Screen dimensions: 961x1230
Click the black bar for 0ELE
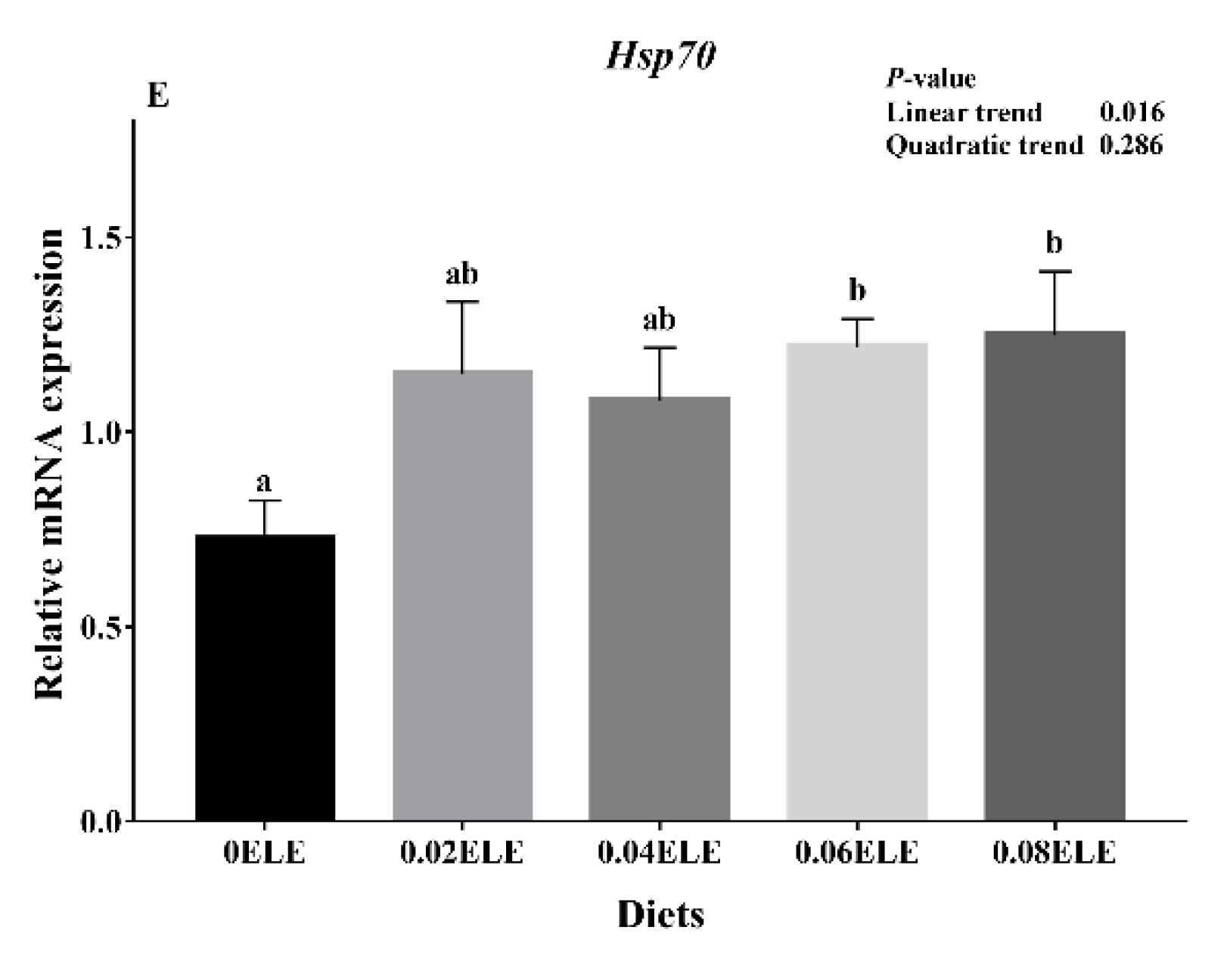click(265, 677)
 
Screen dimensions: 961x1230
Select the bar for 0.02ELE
click(462, 595)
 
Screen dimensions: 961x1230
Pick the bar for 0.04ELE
click(660, 608)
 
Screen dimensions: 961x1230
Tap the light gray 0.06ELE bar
click(857, 581)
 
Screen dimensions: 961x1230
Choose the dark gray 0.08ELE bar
click(1055, 575)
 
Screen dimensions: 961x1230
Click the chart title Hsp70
click(660, 57)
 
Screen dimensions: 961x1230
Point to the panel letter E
click(157, 96)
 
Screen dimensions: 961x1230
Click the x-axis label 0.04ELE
click(660, 854)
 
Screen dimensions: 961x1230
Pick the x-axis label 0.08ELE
click(1055, 854)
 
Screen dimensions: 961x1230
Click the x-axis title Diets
click(660, 915)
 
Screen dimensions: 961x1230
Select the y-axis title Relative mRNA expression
click(49, 464)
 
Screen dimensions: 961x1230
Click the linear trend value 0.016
click(1132, 113)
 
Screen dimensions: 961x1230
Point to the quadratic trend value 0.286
click(1132, 144)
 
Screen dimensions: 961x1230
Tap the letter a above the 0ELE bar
click(265, 482)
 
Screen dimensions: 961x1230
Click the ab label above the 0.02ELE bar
click(461, 274)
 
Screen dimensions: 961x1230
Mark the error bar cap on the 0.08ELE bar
click(1055, 271)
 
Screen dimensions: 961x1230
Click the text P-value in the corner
click(930, 79)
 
